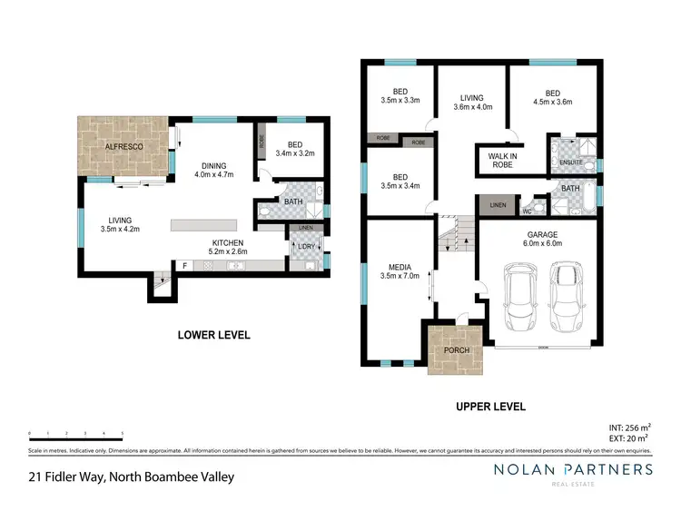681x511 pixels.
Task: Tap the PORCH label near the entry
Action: click(x=456, y=351)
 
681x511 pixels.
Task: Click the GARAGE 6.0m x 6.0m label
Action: click(x=539, y=239)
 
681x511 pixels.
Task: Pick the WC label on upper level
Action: click(x=527, y=211)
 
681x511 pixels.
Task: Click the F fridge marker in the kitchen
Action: click(x=185, y=265)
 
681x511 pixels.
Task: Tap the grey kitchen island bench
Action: click(x=204, y=224)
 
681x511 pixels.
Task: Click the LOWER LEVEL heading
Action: click(x=213, y=335)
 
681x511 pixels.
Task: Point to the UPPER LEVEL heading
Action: click(x=490, y=408)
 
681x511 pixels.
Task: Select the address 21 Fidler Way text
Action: click(x=131, y=476)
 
